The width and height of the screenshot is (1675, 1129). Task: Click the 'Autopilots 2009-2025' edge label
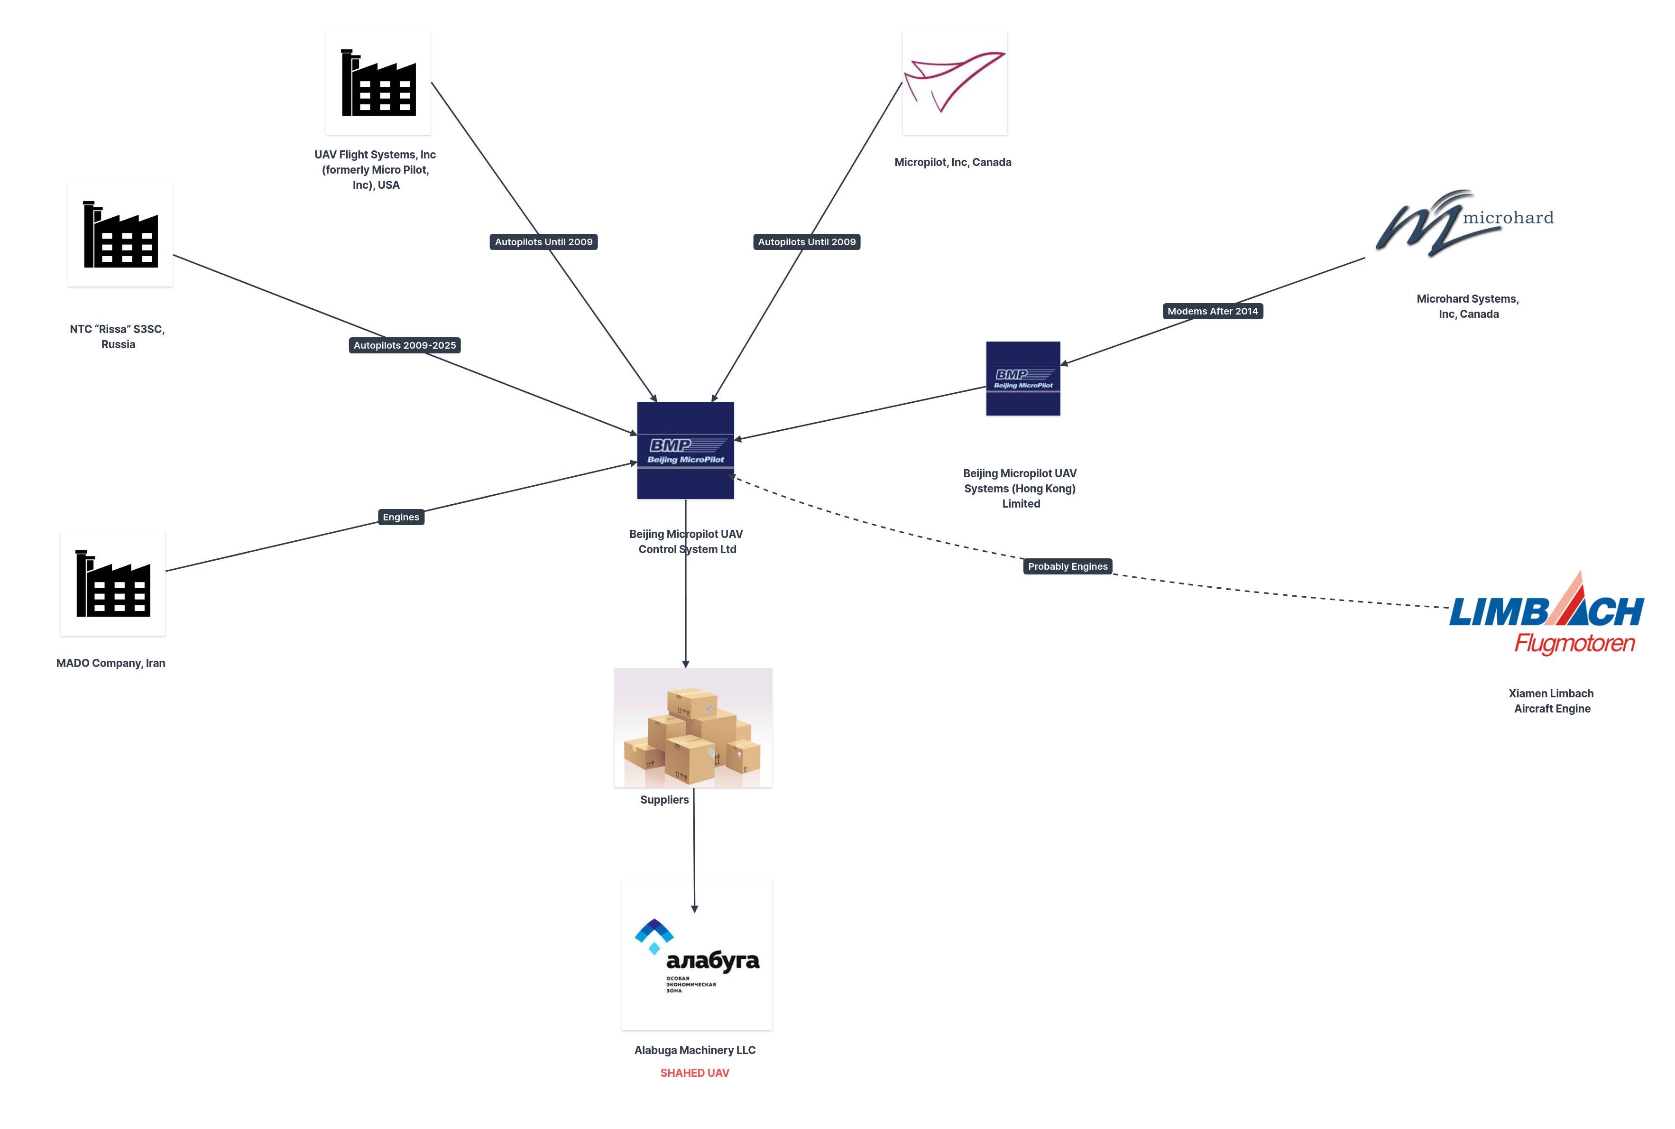[405, 346]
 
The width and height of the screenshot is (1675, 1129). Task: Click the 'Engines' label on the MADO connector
[401, 517]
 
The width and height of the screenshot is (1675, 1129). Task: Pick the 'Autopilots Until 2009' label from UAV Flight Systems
[543, 242]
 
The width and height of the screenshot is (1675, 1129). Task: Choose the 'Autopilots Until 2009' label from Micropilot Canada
[806, 242]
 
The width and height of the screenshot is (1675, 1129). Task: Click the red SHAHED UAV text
[695, 1073]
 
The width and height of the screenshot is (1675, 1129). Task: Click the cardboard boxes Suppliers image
[692, 727]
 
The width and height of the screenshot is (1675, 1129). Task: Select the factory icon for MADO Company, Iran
[113, 583]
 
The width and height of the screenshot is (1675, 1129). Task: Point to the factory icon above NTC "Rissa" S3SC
[120, 234]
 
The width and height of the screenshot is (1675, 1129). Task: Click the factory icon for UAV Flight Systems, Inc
[378, 83]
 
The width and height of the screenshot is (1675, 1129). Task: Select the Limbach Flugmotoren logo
[1546, 616]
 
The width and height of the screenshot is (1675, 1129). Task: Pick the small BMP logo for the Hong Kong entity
[1023, 379]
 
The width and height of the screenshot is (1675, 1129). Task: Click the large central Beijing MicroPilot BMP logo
[685, 451]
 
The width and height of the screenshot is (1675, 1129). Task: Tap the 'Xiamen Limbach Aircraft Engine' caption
[1551, 701]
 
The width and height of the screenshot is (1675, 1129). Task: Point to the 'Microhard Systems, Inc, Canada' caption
[1468, 306]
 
